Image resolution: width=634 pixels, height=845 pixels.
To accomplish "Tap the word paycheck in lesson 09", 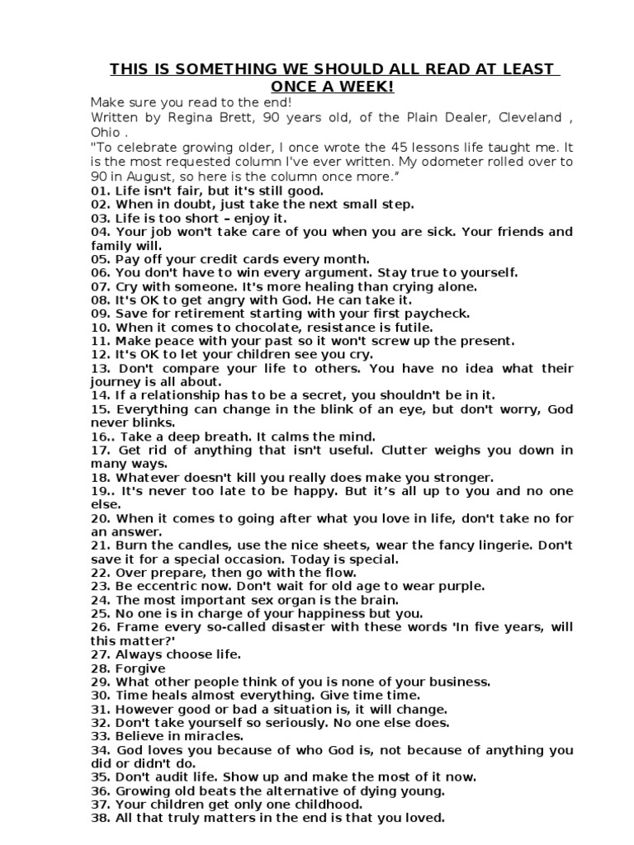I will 437,314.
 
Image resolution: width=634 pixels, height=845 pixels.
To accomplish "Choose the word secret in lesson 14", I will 312,395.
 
